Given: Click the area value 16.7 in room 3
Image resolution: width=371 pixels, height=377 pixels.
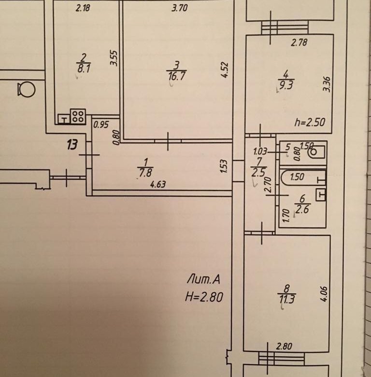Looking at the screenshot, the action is (x=177, y=76).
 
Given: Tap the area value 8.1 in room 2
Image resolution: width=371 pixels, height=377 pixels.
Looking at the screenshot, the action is (x=84, y=69).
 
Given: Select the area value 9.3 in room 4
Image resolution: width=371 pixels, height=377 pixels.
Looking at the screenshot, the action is (x=286, y=85).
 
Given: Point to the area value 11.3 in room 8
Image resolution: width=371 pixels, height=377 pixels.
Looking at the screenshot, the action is (x=287, y=300).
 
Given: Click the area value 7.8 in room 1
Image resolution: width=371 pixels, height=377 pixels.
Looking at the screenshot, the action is (x=145, y=173).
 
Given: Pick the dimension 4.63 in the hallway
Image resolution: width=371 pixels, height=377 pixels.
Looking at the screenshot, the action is (x=158, y=185).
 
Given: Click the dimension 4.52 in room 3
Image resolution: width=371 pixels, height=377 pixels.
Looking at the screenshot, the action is (x=224, y=70).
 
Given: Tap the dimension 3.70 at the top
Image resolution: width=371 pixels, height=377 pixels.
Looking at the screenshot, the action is (x=180, y=8).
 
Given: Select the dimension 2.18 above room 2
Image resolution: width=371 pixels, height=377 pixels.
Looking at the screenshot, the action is (x=83, y=8).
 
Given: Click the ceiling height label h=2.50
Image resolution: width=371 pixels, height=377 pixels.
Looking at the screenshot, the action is (x=310, y=122).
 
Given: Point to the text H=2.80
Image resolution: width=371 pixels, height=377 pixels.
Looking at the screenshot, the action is (x=204, y=297).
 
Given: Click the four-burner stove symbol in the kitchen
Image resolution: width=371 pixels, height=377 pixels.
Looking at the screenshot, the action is (x=78, y=116).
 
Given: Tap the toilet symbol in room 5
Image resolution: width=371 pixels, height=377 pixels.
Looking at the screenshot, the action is (x=316, y=152).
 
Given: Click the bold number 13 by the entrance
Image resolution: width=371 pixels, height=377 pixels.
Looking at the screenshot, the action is (x=72, y=145).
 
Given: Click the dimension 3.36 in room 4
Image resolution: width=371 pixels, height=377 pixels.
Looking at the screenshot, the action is (x=327, y=84).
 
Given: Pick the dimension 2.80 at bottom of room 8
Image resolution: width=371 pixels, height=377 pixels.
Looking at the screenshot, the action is (x=284, y=347).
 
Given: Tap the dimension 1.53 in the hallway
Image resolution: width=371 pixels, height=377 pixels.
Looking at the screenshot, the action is (x=223, y=166).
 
